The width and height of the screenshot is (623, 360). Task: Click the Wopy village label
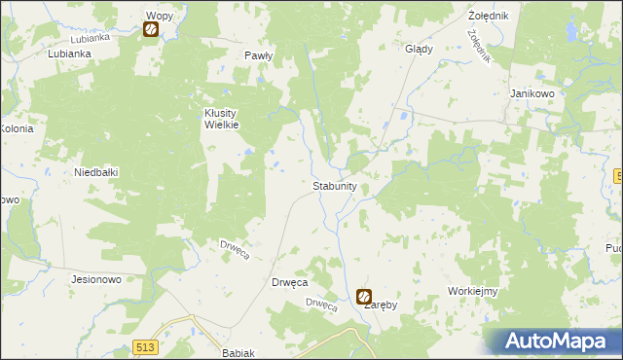(x=159, y=16)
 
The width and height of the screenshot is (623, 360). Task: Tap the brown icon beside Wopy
(x=151, y=30)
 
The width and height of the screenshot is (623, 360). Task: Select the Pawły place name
(x=259, y=56)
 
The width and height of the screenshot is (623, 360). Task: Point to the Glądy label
(x=419, y=49)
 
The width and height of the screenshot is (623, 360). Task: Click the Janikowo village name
(x=531, y=93)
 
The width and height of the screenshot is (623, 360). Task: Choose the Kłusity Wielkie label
(x=221, y=118)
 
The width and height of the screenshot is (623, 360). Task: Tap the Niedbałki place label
(x=96, y=172)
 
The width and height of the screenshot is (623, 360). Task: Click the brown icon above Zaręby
(x=364, y=296)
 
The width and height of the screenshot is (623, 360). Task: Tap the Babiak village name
(x=238, y=353)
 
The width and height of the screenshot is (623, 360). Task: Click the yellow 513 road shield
(x=146, y=347)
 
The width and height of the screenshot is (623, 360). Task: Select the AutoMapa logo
(x=555, y=342)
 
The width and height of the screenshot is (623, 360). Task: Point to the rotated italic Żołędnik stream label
(x=477, y=46)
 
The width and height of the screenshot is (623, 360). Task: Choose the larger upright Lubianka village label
(x=69, y=54)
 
